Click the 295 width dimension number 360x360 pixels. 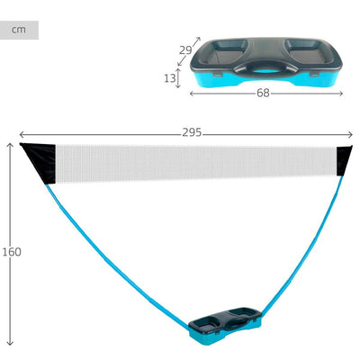pos(192,132)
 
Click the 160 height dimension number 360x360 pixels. pos(12,252)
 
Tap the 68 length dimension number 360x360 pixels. pos(263,94)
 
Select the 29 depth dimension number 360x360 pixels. pos(185,50)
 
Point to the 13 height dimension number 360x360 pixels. pos(169,78)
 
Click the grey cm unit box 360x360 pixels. pos(19,30)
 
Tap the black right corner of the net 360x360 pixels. pos(343,160)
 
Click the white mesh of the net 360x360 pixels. pos(195,164)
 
